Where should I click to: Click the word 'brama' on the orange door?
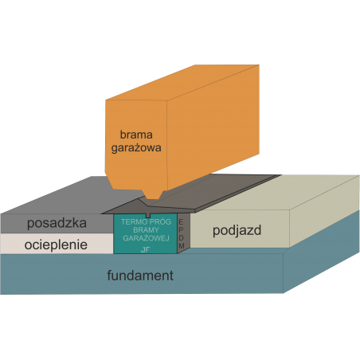click(x=136, y=135)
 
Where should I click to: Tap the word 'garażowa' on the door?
click(x=136, y=148)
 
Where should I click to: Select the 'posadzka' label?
click(x=57, y=223)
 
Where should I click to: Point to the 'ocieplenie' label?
click(x=56, y=245)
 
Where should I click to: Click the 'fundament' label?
click(x=140, y=276)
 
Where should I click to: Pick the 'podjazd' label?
click(x=237, y=230)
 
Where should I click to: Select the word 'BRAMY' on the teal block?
click(x=146, y=230)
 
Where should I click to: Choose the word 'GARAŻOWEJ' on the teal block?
click(x=146, y=238)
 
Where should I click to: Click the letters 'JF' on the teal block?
click(x=146, y=249)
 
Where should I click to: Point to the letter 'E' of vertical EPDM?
click(x=181, y=222)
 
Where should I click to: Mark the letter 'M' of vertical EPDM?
click(x=182, y=246)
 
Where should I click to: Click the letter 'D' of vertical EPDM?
click(x=181, y=238)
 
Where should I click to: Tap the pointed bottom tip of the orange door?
click(x=152, y=199)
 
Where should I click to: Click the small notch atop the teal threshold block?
click(x=148, y=215)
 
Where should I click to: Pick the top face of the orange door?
click(x=182, y=83)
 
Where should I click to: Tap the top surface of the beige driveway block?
click(x=281, y=193)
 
